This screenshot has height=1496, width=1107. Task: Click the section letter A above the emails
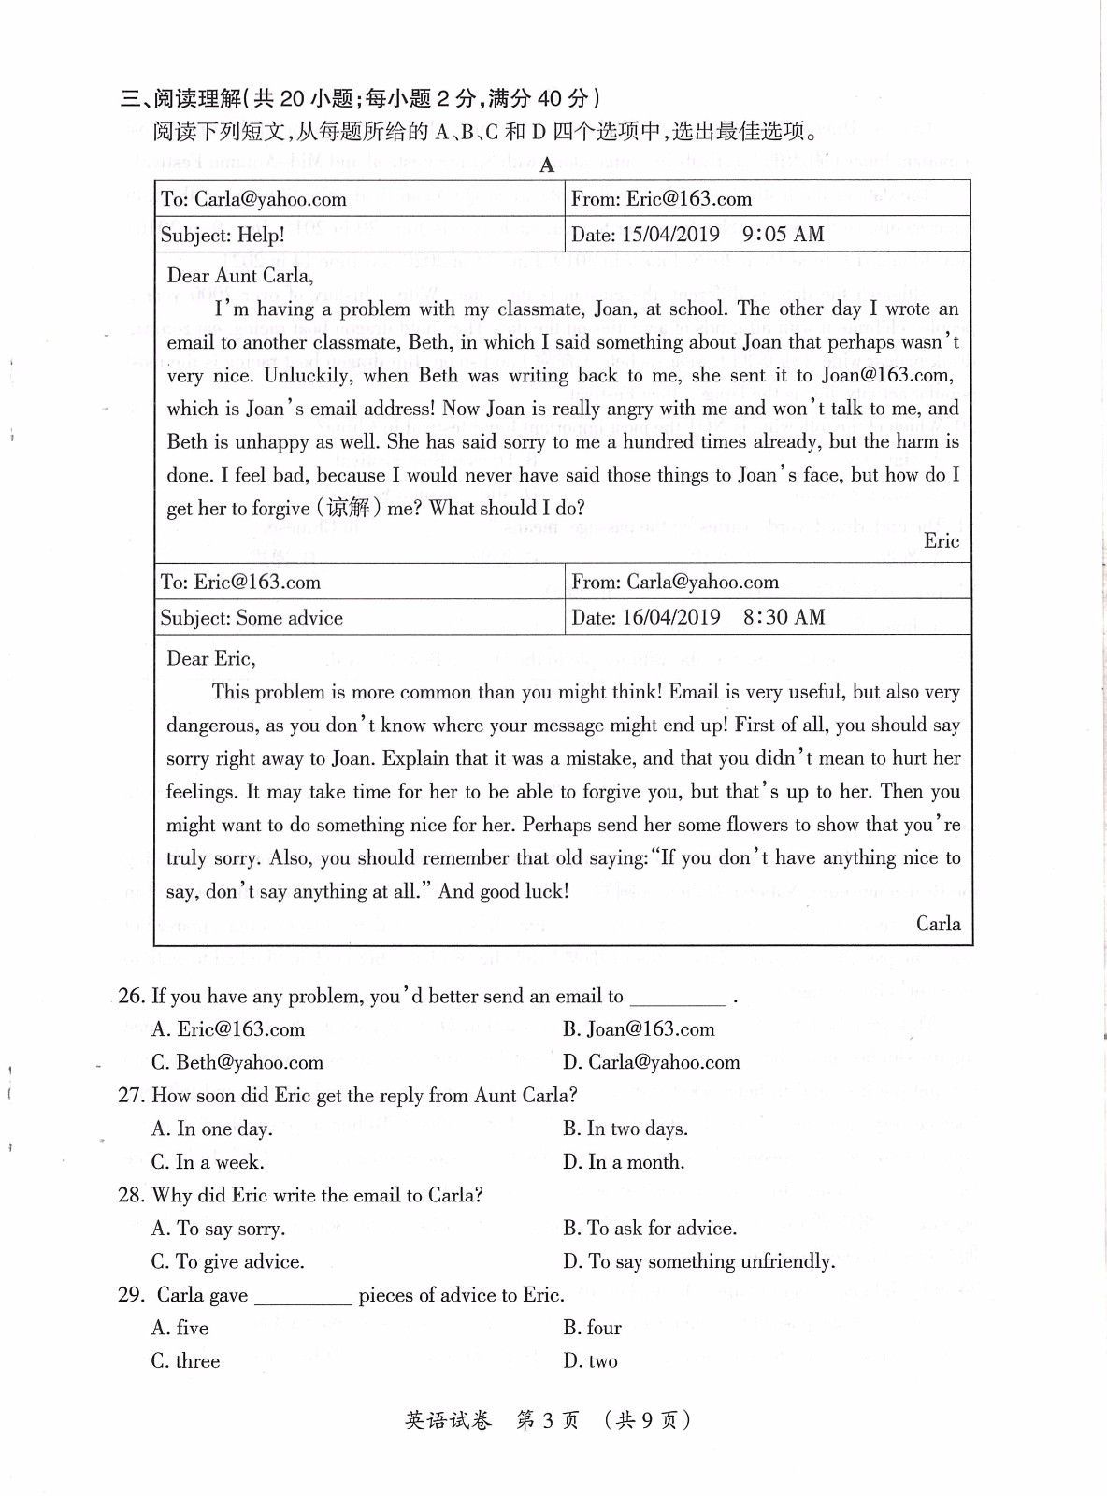click(547, 165)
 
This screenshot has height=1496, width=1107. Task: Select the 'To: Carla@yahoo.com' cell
click(253, 199)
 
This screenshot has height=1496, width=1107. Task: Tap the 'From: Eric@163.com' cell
click(661, 199)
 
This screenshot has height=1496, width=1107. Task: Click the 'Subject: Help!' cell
click(223, 235)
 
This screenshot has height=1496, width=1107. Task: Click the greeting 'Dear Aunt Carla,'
click(240, 276)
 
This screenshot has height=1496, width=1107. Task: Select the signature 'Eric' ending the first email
click(941, 541)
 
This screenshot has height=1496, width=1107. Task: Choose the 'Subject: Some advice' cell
click(252, 618)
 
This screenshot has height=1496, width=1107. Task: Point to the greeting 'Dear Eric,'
click(210, 659)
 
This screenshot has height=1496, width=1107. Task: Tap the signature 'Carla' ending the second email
click(938, 924)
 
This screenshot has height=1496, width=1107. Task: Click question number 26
click(131, 997)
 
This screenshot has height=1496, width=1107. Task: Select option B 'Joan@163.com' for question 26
click(640, 1029)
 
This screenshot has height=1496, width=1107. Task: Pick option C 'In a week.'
click(208, 1162)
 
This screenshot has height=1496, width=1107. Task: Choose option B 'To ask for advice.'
click(650, 1229)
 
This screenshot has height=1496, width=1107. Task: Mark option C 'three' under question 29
click(186, 1361)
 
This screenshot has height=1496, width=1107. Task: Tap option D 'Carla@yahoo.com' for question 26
click(652, 1063)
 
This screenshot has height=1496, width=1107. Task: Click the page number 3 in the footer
click(548, 1420)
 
